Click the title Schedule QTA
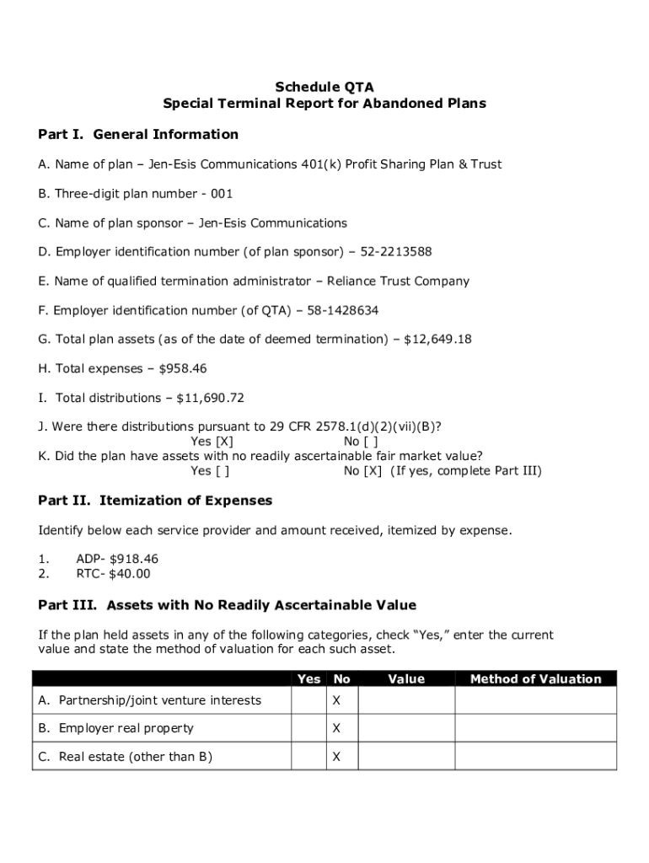tap(324, 87)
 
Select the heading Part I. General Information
tap(138, 134)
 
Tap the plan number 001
tap(222, 194)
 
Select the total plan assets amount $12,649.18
tap(437, 340)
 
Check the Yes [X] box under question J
tap(223, 442)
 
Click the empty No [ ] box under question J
tap(372, 442)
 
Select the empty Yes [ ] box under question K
tap(222, 471)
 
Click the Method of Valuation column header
tap(535, 679)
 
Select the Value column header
tap(406, 679)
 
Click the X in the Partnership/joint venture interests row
tap(336, 700)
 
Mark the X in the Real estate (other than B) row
tap(336, 757)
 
